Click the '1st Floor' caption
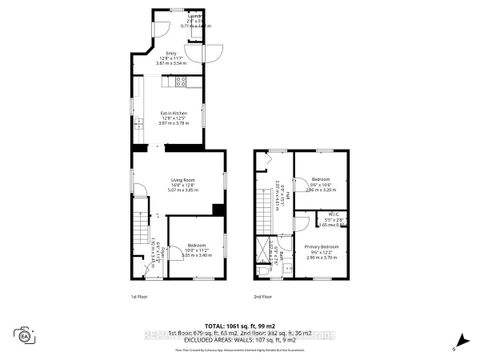coord(138,297)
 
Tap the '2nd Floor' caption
coord(262,297)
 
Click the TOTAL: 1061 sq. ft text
coord(239,326)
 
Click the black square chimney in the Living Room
coord(217,209)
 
